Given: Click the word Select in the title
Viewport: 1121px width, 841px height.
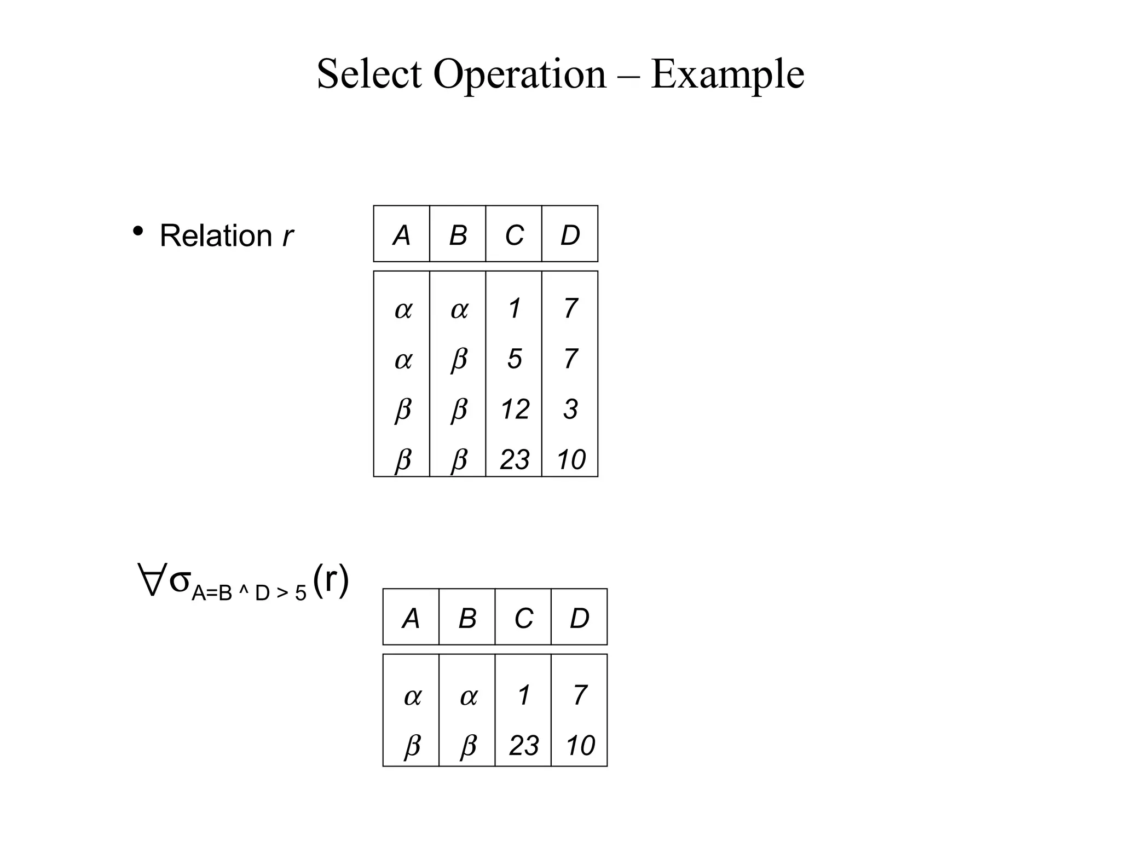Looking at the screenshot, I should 369,74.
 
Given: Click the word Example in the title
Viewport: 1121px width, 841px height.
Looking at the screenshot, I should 727,74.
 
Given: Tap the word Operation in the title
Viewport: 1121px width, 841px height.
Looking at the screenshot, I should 519,74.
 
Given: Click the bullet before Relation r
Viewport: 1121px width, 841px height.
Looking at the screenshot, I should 138,232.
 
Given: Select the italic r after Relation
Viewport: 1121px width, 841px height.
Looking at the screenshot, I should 287,236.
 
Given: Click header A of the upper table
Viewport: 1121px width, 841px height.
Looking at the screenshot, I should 402,235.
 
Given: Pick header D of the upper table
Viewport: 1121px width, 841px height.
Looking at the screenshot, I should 570,235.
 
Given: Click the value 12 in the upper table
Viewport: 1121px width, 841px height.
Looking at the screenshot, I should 515,409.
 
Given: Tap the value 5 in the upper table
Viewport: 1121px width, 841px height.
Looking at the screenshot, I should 514,359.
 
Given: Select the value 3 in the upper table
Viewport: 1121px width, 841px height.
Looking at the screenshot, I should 570,409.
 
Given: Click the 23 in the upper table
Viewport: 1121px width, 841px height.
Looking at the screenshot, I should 515,459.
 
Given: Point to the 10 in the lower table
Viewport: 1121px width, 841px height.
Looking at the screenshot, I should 580,745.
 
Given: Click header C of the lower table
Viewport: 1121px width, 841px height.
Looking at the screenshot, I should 523,618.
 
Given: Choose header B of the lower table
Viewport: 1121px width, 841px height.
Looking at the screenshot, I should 467,618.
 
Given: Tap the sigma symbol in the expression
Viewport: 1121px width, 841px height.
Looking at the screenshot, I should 180,580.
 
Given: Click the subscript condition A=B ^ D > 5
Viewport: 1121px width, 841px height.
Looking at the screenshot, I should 249,593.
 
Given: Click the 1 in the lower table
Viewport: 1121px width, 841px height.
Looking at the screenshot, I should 524,695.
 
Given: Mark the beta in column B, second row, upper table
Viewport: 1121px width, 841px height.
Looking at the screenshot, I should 459,360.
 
